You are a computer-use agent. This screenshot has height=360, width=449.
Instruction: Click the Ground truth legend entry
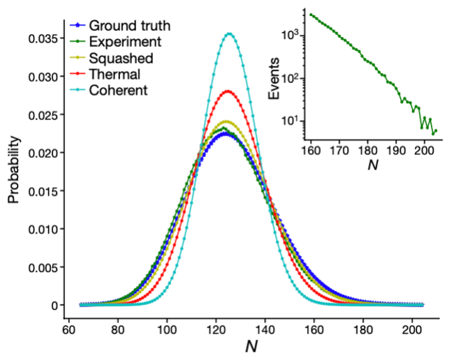point(130,26)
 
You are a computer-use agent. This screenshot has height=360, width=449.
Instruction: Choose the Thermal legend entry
point(119,74)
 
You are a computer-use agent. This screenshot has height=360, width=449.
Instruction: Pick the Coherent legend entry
point(123,90)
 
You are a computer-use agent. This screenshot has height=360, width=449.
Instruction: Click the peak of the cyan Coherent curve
point(228,33)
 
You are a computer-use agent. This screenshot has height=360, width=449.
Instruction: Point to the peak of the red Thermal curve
point(228,91)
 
